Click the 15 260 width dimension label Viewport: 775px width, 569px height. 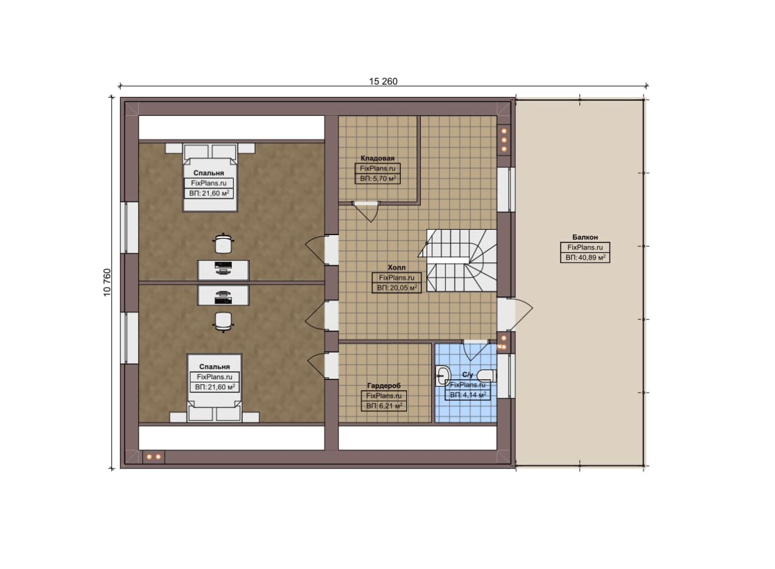383,81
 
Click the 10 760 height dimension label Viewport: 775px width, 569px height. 107,282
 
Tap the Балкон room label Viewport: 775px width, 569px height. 585,237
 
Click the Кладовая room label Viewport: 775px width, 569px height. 377,158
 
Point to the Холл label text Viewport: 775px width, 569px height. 397,267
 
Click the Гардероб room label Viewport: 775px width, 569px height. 384,385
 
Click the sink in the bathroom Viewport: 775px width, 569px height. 443,376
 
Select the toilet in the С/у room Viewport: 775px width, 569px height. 487,376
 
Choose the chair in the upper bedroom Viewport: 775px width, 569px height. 223,244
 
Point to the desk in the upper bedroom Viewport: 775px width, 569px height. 223,270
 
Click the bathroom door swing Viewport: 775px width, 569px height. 476,350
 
